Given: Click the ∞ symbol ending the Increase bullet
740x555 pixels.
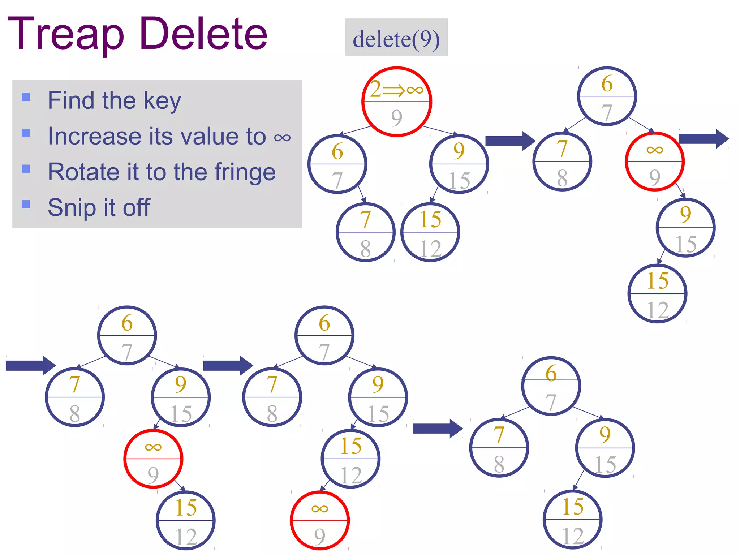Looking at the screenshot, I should click(282, 138).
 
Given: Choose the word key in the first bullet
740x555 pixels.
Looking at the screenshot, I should click(162, 101).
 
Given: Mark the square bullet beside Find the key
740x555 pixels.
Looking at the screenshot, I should click(26, 97).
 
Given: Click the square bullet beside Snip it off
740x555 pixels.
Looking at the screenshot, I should click(26, 204).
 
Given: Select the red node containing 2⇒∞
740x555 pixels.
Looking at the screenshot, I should click(397, 102).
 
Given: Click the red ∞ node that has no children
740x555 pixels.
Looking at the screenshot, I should click(320, 521).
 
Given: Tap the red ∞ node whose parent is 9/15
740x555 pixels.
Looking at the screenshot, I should click(153, 459).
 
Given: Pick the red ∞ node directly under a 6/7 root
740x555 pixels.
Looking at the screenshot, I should click(655, 161).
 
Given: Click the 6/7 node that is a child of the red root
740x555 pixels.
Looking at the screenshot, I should click(337, 164).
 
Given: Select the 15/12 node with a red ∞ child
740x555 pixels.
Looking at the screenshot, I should click(350, 459).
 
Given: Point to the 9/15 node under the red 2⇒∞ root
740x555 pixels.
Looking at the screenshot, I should click(459, 164).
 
